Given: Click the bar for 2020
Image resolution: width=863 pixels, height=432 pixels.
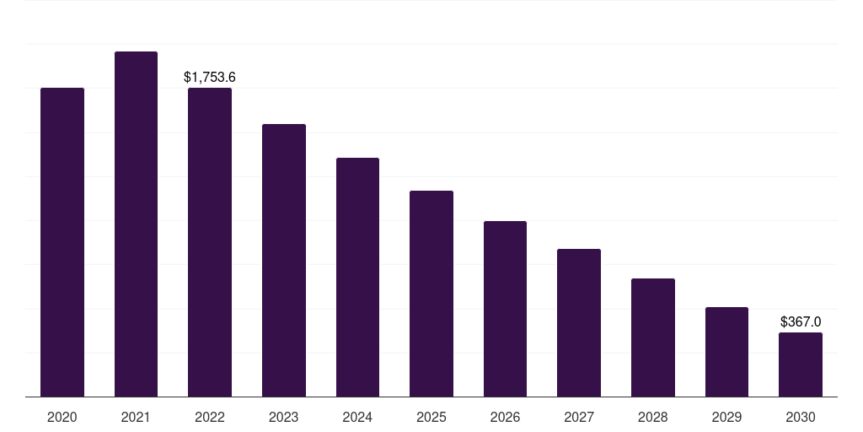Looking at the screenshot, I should click(x=62, y=242).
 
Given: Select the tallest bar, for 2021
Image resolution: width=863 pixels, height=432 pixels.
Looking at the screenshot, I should click(x=136, y=224).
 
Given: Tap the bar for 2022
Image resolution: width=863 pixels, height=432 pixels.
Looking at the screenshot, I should click(x=210, y=242).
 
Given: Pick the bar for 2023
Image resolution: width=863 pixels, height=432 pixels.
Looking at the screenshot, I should click(x=284, y=261).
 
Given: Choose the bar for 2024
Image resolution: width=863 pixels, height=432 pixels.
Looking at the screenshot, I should click(x=357, y=278).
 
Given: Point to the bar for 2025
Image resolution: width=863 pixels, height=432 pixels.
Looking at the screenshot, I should click(x=431, y=294).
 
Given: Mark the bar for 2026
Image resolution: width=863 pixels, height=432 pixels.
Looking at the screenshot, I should click(x=505, y=309).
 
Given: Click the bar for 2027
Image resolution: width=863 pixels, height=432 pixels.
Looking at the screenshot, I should click(x=579, y=323).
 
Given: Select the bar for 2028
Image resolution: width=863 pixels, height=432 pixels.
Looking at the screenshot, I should click(x=653, y=337).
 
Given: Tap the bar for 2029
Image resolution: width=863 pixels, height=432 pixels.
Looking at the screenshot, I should click(x=726, y=352).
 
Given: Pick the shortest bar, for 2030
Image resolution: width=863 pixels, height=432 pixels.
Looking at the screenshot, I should click(x=801, y=364).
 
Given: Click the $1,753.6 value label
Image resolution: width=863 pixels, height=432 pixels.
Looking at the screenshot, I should click(x=210, y=78).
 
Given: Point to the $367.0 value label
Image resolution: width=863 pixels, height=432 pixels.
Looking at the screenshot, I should click(x=801, y=322).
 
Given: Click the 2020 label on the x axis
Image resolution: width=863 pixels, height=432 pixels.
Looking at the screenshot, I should click(x=62, y=417).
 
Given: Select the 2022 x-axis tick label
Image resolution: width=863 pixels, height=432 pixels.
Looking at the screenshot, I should click(x=210, y=417).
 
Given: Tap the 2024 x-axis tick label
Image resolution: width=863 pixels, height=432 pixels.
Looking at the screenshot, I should click(x=357, y=417).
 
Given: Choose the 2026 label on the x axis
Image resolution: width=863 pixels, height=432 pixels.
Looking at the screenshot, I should click(x=505, y=417).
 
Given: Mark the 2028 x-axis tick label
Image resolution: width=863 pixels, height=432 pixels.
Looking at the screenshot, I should click(x=653, y=417).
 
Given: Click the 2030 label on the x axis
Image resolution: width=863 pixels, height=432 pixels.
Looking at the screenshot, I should click(x=801, y=417).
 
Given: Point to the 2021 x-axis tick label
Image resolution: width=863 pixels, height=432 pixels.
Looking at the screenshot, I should click(x=136, y=417).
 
